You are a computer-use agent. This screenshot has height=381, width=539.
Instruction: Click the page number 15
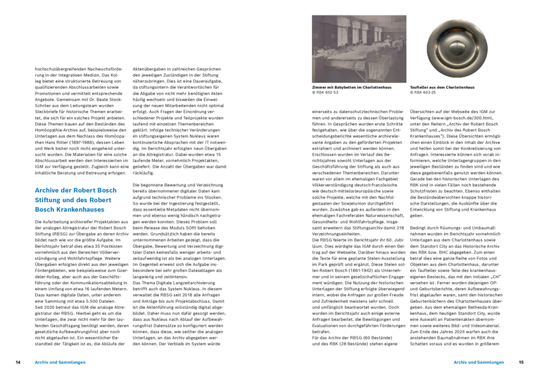click(521, 362)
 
